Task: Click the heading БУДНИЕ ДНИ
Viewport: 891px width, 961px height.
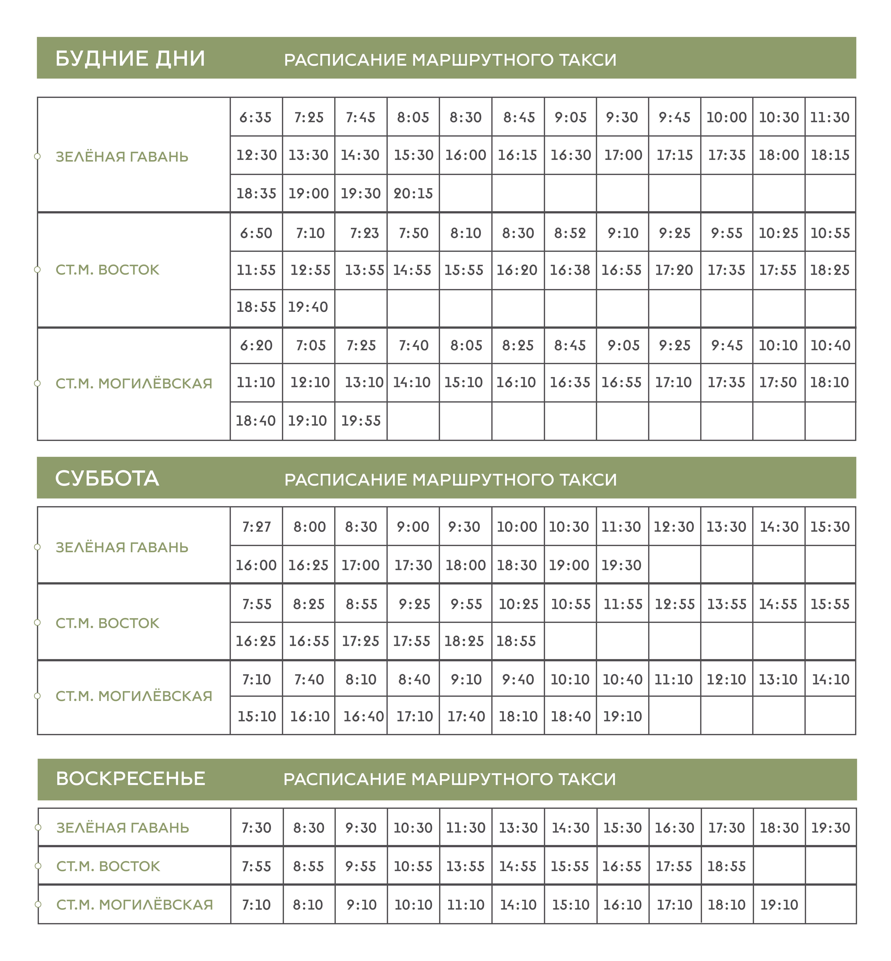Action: click(130, 58)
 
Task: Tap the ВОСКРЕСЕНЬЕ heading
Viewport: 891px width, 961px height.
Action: click(131, 778)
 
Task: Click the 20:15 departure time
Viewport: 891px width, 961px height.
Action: click(413, 193)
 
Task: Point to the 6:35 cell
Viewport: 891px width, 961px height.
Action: click(256, 117)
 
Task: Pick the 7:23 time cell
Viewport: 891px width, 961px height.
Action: click(364, 233)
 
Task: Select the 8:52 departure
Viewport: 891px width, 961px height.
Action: click(570, 233)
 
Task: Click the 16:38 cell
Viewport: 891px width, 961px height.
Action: click(570, 270)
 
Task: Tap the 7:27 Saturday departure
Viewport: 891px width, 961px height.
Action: click(256, 526)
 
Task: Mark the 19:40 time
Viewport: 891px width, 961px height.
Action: click(308, 307)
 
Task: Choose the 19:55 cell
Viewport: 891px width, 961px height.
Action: click(361, 421)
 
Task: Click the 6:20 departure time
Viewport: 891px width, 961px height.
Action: click(256, 345)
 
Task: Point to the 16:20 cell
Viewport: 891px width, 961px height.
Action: click(517, 270)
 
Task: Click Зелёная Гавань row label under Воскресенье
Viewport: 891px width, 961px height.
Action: click(123, 827)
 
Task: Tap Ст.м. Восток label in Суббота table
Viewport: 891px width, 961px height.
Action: click(107, 623)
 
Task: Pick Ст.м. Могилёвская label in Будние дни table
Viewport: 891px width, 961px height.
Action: click(134, 384)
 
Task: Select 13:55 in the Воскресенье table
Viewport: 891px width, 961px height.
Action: click(465, 866)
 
